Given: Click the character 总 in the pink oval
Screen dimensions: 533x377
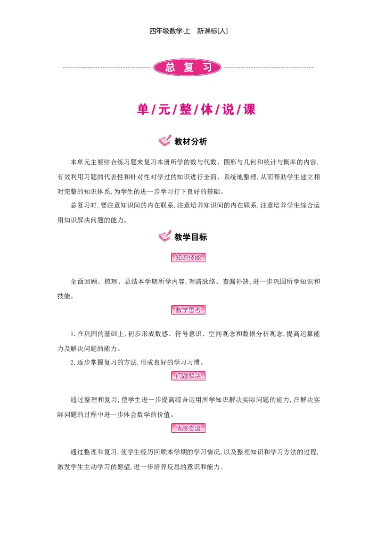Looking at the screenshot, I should (x=170, y=67).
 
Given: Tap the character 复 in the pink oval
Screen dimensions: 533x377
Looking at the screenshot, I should (x=188, y=67).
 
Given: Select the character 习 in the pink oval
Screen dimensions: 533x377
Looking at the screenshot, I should (x=206, y=67).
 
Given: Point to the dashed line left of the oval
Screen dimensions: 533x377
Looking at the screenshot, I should (x=107, y=67).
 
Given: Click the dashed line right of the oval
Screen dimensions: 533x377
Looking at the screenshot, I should (x=269, y=67).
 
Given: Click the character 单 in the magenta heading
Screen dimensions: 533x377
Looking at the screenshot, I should (x=143, y=110).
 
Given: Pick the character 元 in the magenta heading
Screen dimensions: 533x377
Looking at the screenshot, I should (x=164, y=110).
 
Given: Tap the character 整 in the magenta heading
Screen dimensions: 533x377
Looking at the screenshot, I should (x=185, y=110).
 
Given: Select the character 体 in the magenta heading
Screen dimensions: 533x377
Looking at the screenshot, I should (x=206, y=110).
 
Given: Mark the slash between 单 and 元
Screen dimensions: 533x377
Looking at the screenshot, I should (x=154, y=110).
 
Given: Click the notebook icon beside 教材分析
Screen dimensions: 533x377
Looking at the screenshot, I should (x=164, y=141).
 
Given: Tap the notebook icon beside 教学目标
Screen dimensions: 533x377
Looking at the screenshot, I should (x=164, y=235).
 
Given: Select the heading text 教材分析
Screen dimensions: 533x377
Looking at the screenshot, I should (x=190, y=142).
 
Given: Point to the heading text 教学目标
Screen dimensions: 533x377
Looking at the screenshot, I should (x=190, y=237).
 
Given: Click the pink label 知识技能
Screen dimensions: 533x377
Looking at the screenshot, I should (x=188, y=258).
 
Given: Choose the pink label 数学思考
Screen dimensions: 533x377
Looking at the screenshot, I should (x=188, y=310).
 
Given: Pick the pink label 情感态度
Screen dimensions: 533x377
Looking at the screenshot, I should (x=188, y=428).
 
